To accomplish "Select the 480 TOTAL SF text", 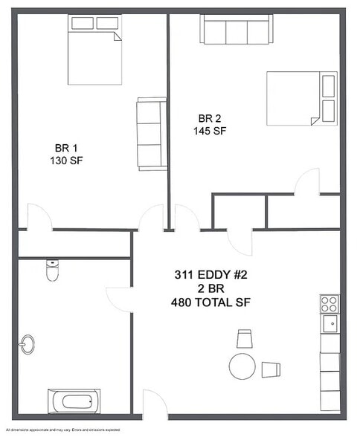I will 212,302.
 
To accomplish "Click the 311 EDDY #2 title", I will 210,275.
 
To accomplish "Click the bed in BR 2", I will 301,97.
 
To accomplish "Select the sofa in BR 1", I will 152,134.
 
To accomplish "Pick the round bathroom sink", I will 28,345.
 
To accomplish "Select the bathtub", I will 74,402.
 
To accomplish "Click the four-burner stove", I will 329,303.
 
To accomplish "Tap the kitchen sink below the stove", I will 329,323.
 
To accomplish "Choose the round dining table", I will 242,366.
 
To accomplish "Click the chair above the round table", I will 244,340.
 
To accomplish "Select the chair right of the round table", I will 271,369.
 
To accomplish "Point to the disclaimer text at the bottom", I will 63,430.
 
